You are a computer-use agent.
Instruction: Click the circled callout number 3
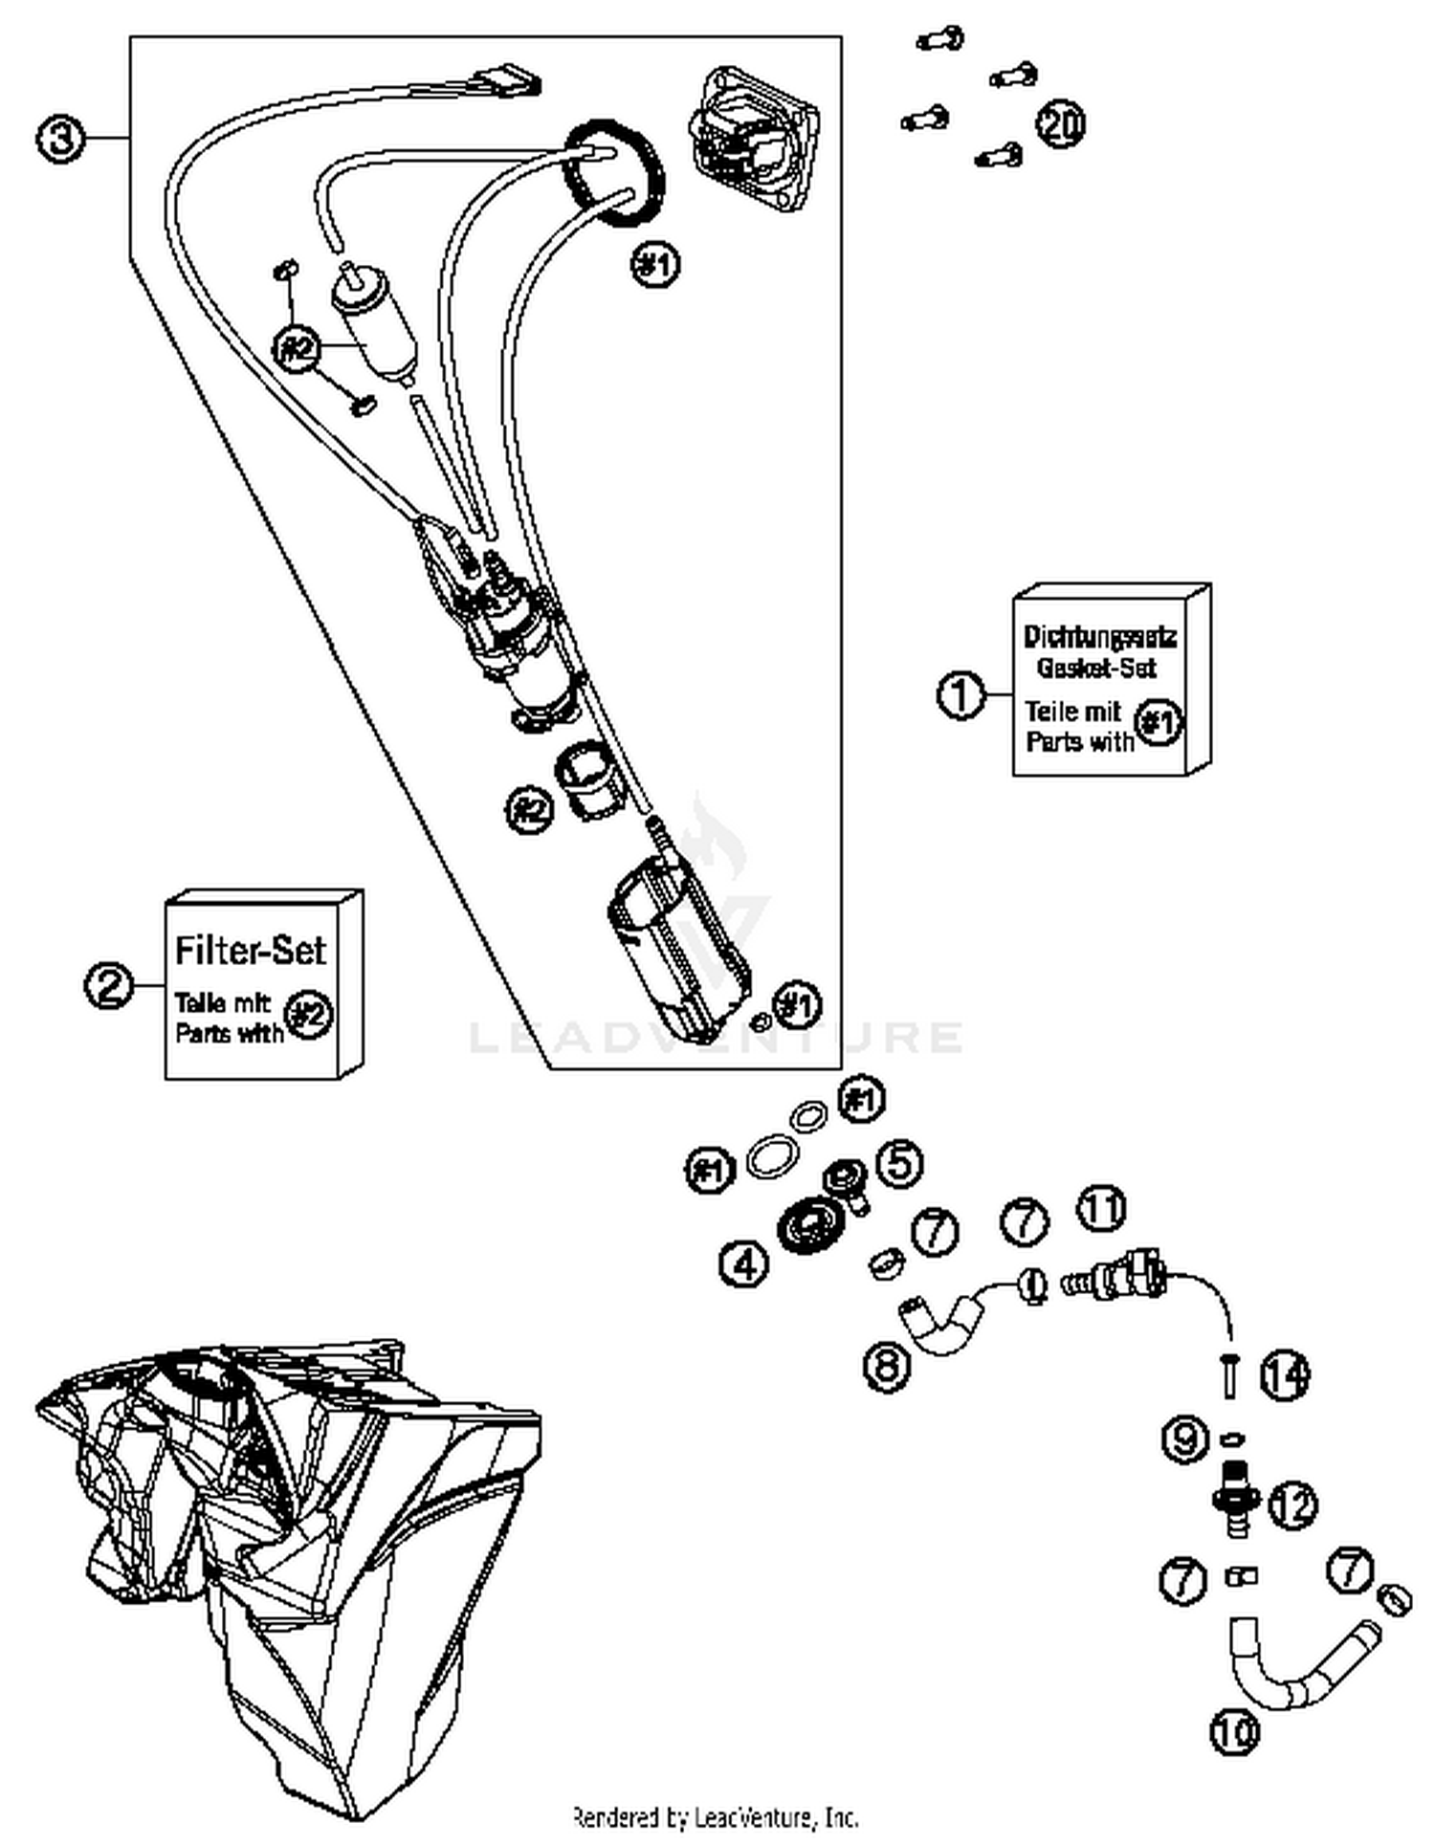59,140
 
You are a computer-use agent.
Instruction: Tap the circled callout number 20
1060,124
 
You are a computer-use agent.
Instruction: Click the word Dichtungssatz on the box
1099,636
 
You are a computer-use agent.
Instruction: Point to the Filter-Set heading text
250,950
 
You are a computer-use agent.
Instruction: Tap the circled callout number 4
743,1263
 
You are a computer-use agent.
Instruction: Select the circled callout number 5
898,1162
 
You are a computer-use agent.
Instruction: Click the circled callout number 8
886,1364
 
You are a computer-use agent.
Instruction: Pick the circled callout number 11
1102,1208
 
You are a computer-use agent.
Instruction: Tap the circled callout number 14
1284,1375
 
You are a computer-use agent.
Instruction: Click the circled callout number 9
1185,1439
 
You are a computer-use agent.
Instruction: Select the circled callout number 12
1292,1505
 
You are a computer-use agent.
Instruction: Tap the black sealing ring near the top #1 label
612,174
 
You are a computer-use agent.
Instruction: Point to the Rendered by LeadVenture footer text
715,1815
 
